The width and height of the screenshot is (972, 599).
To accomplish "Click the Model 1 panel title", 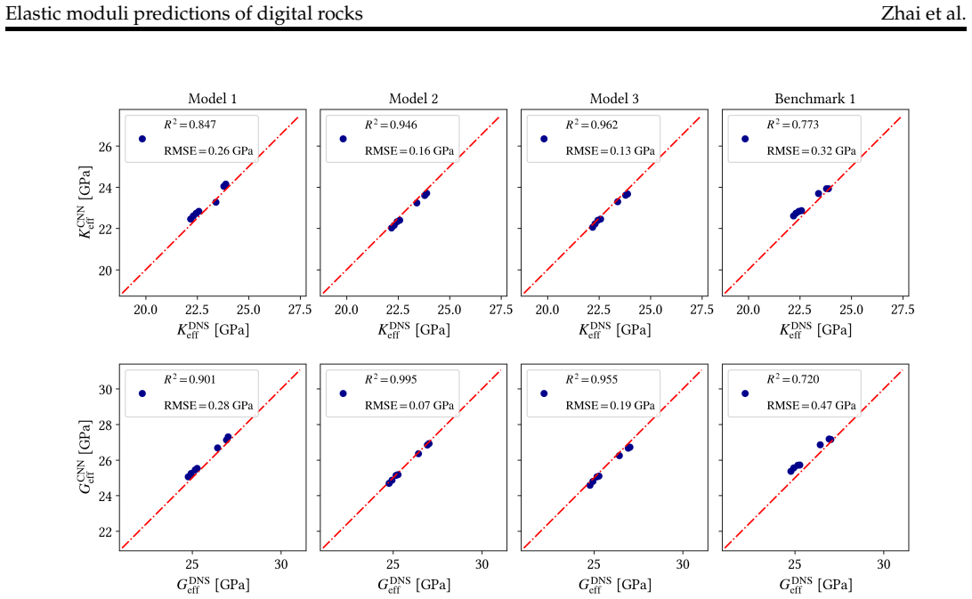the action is [212, 99].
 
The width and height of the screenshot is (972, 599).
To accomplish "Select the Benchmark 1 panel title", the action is [814, 99].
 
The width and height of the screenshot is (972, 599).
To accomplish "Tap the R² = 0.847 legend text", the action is [190, 124].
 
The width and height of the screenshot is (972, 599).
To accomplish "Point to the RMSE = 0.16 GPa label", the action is [409, 150].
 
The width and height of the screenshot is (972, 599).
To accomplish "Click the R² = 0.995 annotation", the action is [391, 379].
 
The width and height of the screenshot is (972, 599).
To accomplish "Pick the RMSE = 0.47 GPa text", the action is [812, 406].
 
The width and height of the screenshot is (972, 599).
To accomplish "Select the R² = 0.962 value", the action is [591, 124].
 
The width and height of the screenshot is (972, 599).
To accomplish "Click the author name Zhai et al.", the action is [923, 13].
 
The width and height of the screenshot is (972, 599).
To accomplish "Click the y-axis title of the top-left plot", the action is [85, 201].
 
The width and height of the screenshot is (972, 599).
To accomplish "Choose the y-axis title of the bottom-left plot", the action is [85, 457].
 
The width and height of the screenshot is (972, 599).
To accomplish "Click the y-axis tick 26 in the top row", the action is [105, 147].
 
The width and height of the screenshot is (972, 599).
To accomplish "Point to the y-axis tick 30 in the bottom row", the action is [105, 390].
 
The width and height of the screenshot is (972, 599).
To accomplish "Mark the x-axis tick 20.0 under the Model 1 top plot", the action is [145, 310].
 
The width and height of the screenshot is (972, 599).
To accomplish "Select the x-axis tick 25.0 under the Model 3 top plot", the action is [650, 310].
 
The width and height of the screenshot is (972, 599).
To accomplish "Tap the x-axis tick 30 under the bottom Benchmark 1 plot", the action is [883, 564].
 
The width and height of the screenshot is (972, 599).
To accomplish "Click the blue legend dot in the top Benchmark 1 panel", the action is [745, 139].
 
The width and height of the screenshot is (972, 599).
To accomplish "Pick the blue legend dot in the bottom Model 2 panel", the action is [344, 393].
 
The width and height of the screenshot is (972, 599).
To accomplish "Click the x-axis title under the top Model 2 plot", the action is [414, 329].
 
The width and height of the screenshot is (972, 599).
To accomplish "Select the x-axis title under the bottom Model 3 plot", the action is [614, 584].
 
